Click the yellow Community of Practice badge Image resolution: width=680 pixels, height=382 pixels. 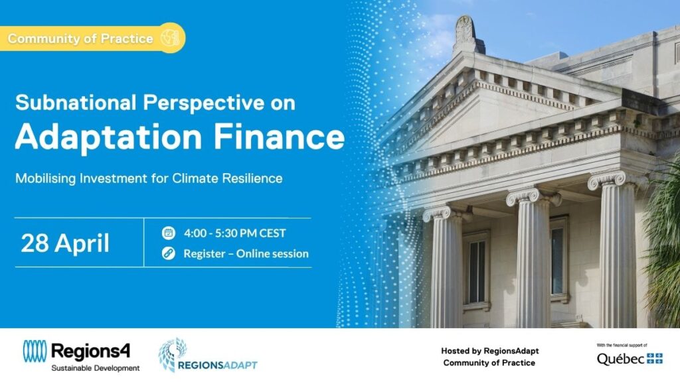tap(92, 38)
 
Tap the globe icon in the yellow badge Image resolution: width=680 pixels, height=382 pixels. tap(170, 38)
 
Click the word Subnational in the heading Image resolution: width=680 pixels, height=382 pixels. tap(76, 103)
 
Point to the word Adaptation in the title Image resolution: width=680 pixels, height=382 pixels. tap(109, 137)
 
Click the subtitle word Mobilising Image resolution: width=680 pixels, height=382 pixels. tap(46, 178)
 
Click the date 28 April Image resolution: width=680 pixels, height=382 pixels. tap(65, 243)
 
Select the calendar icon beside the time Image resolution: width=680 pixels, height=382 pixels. tap(169, 233)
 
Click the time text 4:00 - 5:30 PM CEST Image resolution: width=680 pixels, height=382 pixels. tap(234, 233)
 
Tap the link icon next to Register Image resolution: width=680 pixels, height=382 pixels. tap(169, 253)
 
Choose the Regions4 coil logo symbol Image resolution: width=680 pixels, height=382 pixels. tap(35, 351)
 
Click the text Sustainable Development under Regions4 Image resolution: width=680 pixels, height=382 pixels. tap(96, 368)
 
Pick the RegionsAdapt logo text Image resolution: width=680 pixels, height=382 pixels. tap(218, 365)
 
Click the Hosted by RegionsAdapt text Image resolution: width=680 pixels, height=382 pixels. tap(490, 351)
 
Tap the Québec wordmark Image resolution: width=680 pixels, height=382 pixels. tap(621, 359)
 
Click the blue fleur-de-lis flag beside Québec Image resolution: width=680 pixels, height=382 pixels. tap(655, 358)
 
